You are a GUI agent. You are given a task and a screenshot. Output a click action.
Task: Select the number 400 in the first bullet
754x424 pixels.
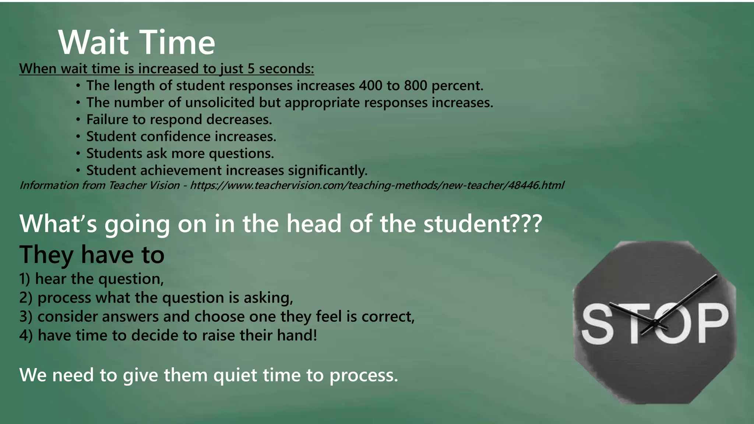click(370, 86)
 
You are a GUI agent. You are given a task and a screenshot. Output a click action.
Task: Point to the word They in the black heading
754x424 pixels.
click(46, 255)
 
